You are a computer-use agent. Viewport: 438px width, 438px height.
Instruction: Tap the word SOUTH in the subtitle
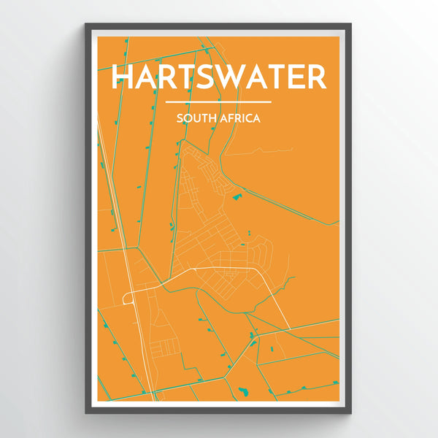[x=194, y=118]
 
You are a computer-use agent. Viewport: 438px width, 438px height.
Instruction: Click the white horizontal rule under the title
[x=219, y=102]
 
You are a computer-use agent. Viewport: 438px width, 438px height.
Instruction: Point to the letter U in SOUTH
[x=196, y=118]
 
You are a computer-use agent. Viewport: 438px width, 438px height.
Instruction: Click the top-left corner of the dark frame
[x=86, y=25]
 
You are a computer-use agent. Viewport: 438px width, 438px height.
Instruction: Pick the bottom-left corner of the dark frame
[x=86, y=413]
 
